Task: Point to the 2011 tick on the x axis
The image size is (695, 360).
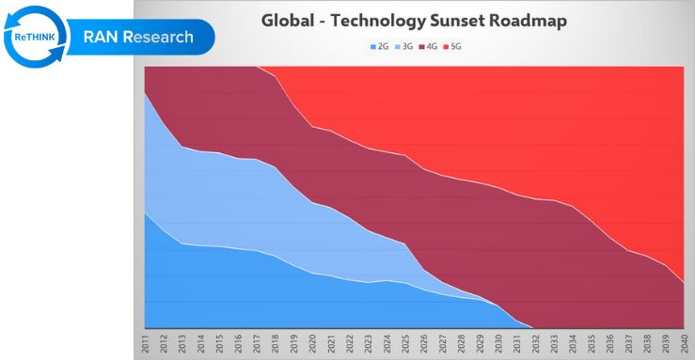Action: (146, 344)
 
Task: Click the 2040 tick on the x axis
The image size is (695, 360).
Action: (684, 344)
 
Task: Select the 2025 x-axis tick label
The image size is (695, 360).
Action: (405, 344)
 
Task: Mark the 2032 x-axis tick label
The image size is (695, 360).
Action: (535, 344)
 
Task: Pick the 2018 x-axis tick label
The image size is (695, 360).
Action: (276, 344)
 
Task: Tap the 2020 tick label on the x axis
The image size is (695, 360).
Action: (313, 344)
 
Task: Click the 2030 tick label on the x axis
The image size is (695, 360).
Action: (498, 344)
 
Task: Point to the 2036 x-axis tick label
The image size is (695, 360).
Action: (609, 344)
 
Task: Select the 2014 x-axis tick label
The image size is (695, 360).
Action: (201, 344)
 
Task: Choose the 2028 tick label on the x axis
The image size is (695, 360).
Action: (461, 344)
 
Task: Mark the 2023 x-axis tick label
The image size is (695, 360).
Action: (369, 344)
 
